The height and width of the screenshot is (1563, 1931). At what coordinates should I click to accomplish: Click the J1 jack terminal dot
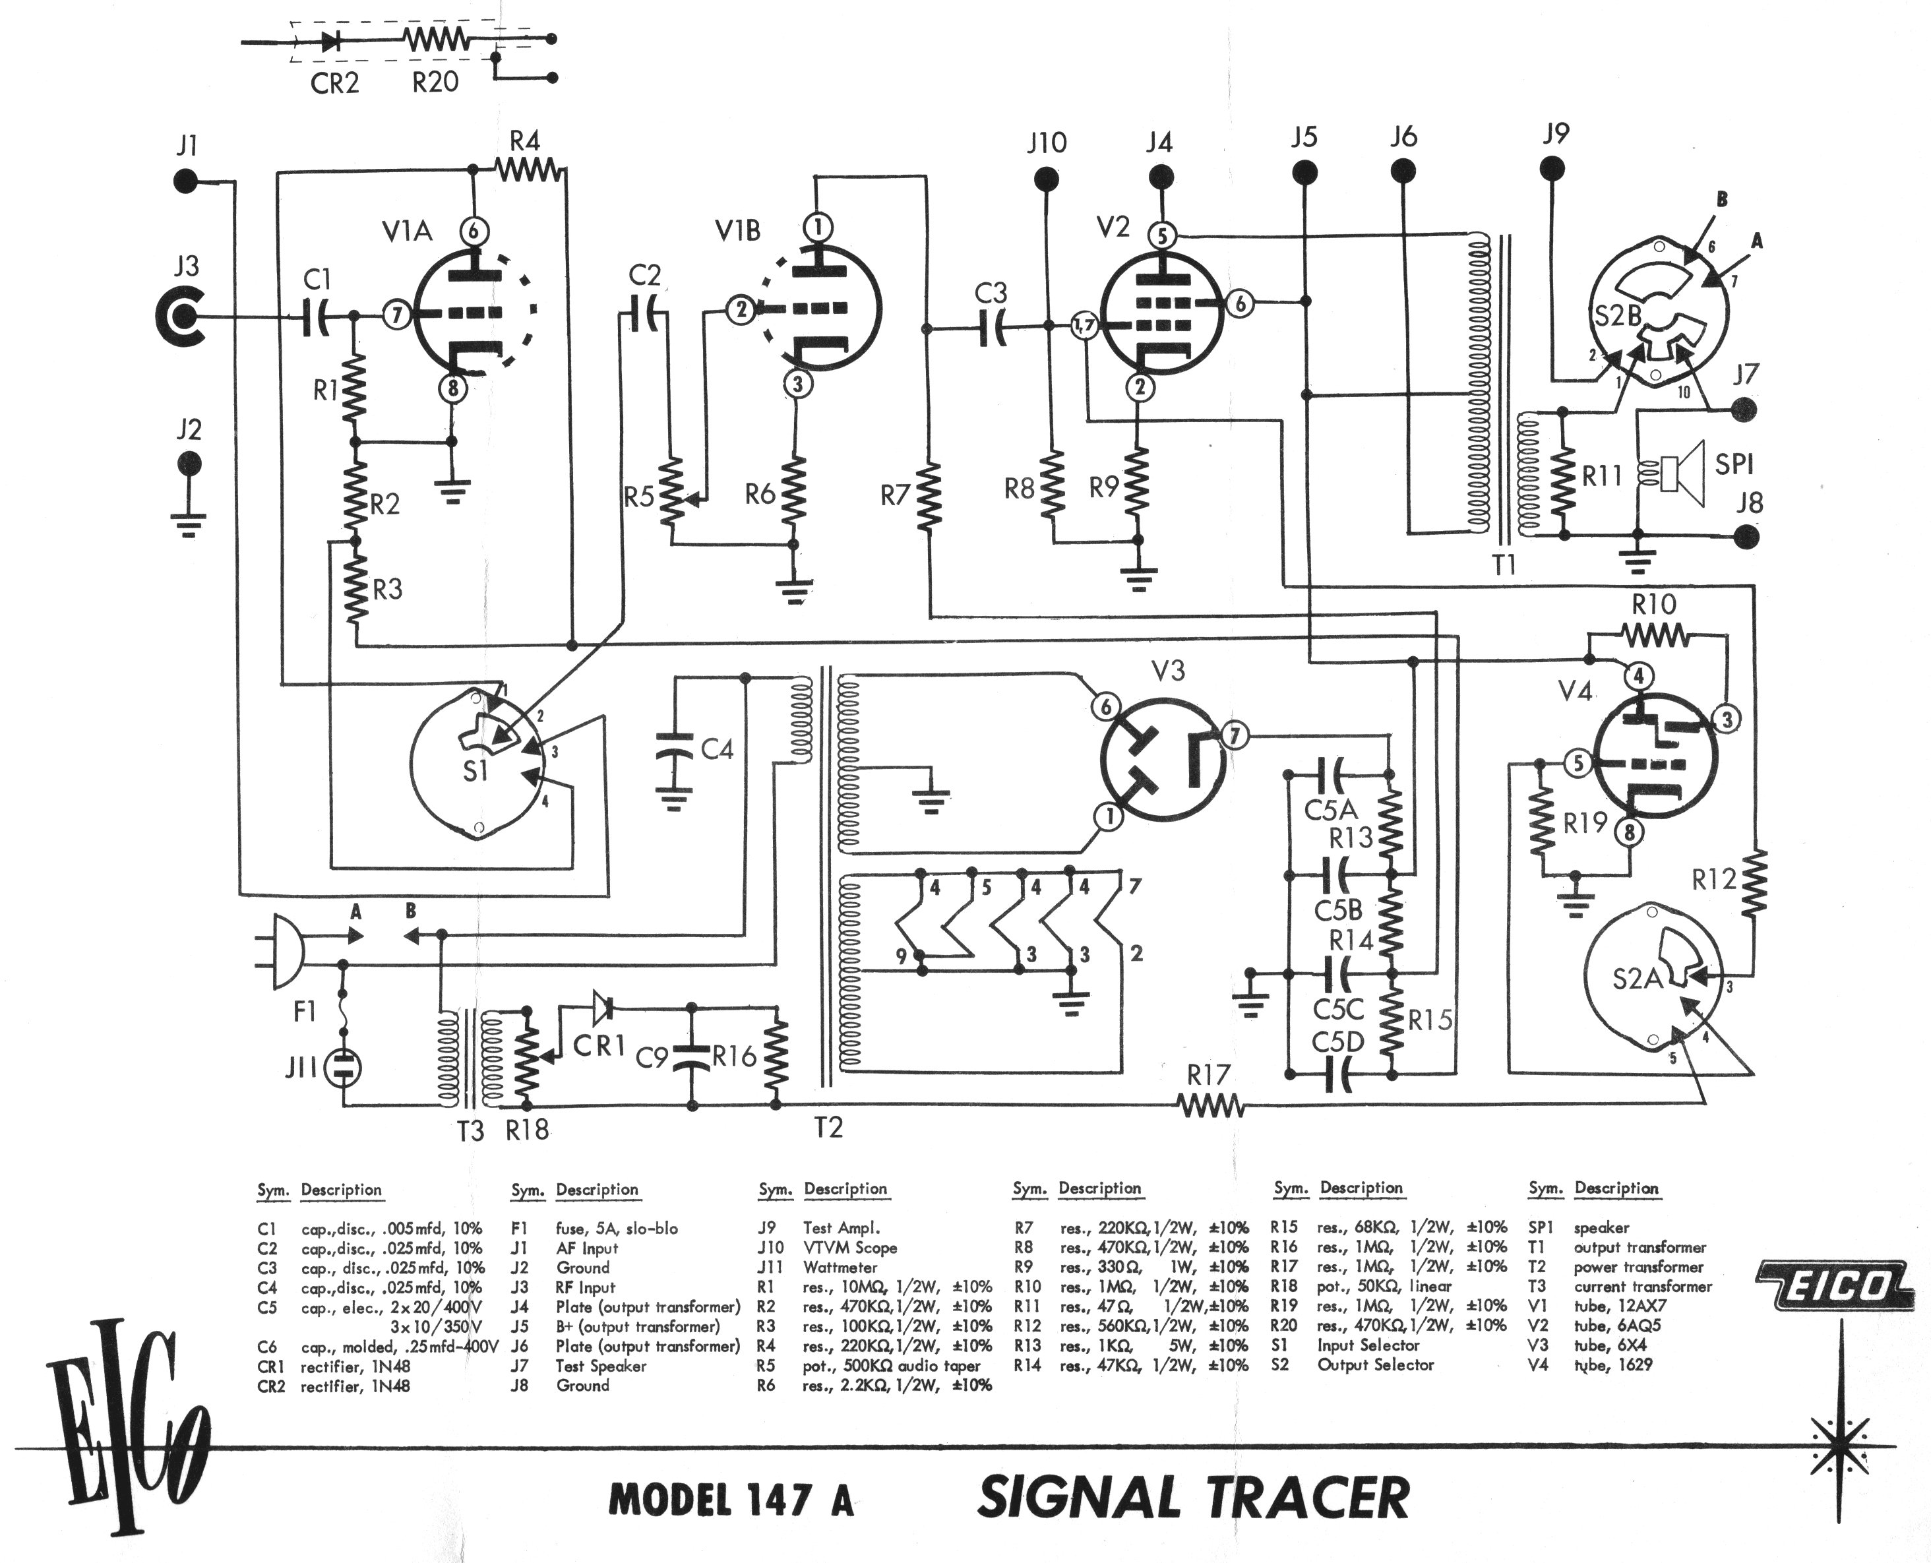click(x=187, y=181)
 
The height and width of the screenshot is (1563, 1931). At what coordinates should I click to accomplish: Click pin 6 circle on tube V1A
click(x=474, y=231)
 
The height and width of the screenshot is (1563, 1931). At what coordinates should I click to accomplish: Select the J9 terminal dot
click(x=1552, y=169)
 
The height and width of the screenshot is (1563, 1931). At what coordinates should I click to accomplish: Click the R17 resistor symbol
click(x=1211, y=1105)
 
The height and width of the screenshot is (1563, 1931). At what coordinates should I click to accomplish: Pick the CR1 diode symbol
click(x=602, y=1006)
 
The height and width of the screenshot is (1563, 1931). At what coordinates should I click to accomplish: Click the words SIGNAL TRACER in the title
click(x=1193, y=1496)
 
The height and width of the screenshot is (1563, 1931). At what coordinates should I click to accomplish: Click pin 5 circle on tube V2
click(x=1162, y=236)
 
